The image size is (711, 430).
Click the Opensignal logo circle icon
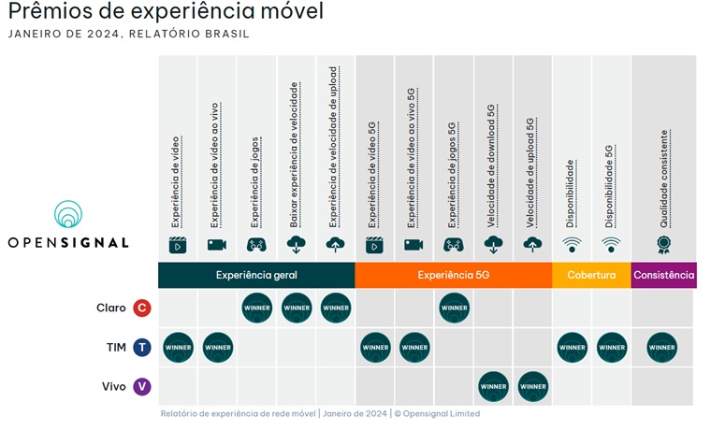tap(68, 215)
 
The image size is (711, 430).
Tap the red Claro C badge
tap(141, 308)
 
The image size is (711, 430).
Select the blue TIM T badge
tap(141, 347)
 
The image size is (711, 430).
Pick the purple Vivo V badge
tap(141, 386)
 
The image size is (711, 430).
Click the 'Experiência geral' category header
tap(255, 275)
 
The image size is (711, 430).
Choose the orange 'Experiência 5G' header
tap(453, 275)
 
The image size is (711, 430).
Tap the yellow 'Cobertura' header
tap(590, 275)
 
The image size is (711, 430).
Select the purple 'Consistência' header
tap(663, 275)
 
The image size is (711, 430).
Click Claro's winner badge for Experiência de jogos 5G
tap(454, 308)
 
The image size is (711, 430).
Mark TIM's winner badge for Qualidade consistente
tap(662, 347)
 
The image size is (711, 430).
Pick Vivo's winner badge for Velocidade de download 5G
tap(493, 386)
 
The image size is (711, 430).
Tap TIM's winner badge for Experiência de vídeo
tap(178, 347)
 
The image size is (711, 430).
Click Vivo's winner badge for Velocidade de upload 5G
tap(532, 386)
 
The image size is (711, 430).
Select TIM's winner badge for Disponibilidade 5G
tap(611, 347)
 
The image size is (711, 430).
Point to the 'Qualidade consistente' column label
tap(663, 179)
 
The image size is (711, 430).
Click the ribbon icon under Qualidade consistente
tap(663, 245)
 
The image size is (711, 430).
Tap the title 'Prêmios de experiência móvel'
tap(165, 13)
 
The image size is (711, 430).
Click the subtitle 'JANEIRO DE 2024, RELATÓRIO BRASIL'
tap(128, 35)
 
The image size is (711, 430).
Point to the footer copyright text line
tap(320, 413)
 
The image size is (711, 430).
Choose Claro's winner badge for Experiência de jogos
tap(257, 308)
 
